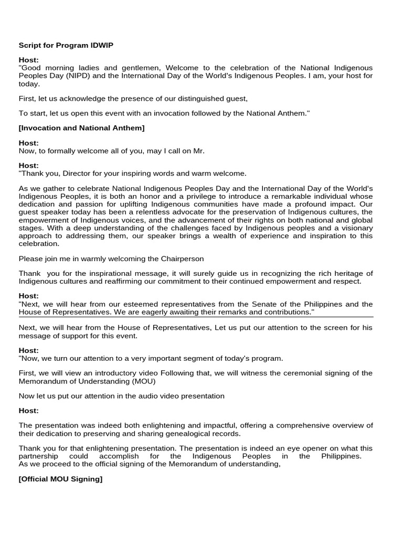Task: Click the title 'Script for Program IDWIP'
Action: tap(66, 46)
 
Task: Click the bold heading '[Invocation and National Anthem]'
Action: tap(81, 128)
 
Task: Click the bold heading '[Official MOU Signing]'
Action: tap(60, 479)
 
